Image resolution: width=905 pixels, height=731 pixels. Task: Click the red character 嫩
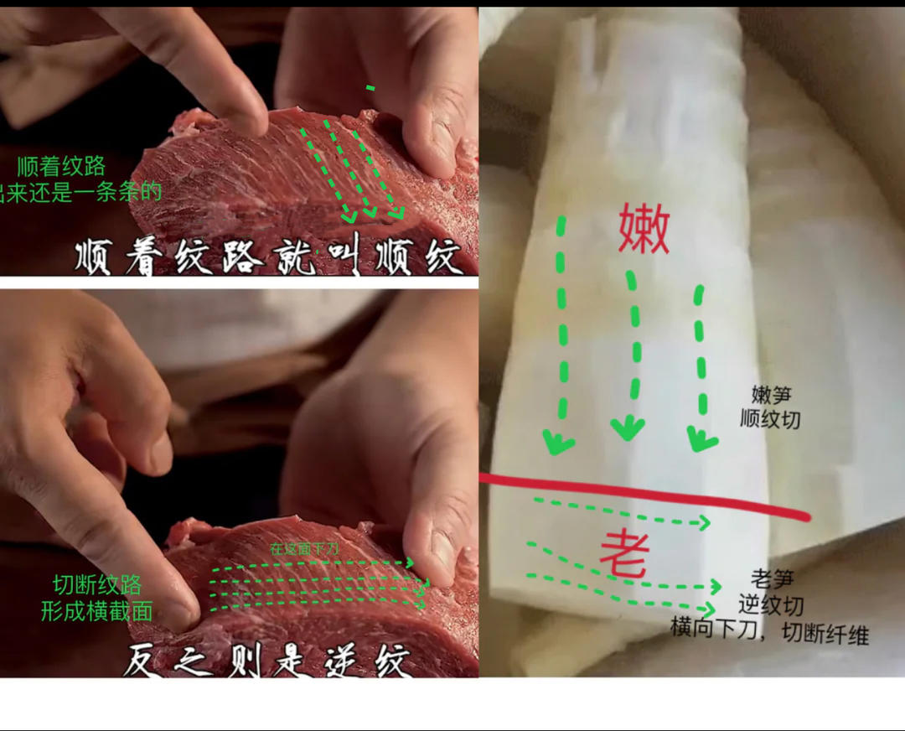coord(644,231)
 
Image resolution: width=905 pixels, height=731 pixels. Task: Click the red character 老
coord(624,553)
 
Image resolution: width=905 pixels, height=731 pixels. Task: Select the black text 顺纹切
coord(770,418)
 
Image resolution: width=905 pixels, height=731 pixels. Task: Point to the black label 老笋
coord(771,579)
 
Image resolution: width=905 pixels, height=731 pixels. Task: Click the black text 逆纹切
coord(771,604)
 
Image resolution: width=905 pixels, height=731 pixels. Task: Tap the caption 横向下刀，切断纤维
coord(769,630)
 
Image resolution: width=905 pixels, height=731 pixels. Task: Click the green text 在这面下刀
coord(303,550)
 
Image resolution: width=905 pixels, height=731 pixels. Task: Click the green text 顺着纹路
coord(55,167)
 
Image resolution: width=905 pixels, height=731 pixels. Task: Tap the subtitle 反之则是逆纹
coord(267,662)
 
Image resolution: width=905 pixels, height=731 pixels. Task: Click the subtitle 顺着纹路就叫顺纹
coord(268,257)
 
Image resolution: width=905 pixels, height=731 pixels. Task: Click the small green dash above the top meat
coord(370,87)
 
